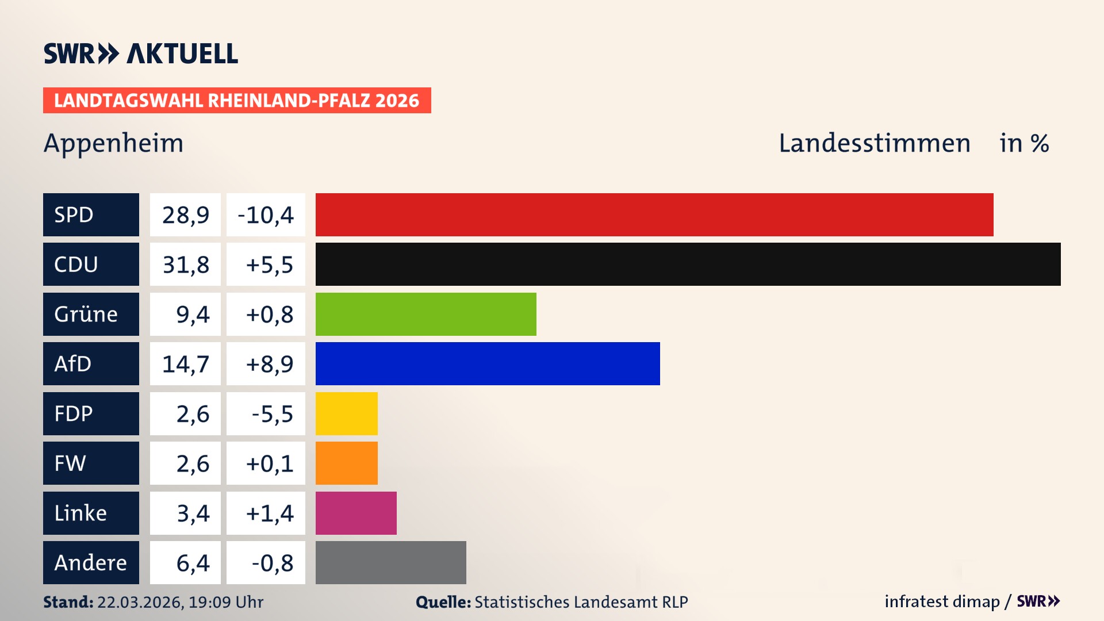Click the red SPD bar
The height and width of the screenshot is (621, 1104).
coord(654,214)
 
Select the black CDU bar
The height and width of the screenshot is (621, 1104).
coord(688,264)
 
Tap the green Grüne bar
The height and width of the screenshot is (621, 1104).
coord(425,314)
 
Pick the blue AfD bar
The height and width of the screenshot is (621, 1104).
coord(488,363)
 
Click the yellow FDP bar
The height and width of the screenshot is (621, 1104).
coord(346,413)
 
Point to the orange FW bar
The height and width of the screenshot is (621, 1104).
coord(346,463)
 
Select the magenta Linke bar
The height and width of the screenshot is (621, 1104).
coord(356,513)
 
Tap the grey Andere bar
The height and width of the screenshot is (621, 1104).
coord(390,562)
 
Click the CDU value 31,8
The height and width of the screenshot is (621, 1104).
coord(185,264)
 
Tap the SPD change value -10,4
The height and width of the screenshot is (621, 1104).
coord(266,215)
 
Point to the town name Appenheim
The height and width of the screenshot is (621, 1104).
coord(113,143)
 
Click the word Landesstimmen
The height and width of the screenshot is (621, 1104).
coord(874,143)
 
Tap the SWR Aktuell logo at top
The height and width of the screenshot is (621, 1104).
coord(140,53)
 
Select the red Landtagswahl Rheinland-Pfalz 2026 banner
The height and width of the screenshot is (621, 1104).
coord(237,100)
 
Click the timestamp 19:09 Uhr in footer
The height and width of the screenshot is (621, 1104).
coord(225,602)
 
